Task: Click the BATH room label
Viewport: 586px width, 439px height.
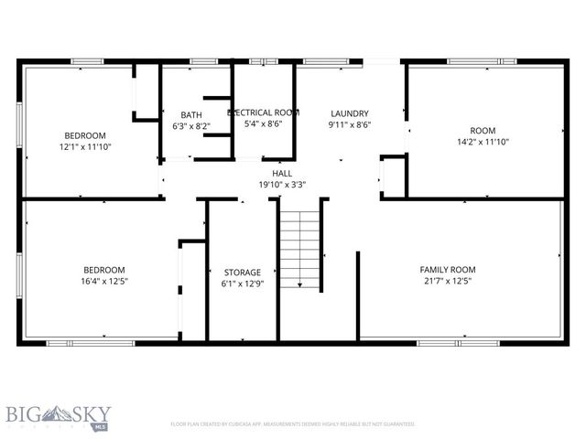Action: [x=190, y=114]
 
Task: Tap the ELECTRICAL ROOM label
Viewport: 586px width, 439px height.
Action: [x=264, y=112]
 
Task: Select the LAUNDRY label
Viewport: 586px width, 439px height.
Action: [x=349, y=113]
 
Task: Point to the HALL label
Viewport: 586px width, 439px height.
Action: [x=282, y=173]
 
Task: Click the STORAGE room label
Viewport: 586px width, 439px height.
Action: [x=243, y=272]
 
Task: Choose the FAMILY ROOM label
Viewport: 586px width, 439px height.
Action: [x=448, y=269]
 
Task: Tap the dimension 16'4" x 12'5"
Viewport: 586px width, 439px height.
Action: [x=104, y=281]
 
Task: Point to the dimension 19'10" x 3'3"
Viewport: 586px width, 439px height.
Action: [x=282, y=184]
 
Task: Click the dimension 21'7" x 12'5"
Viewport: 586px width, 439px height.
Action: [x=448, y=281]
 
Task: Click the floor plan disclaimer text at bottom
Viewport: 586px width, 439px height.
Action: [x=293, y=424]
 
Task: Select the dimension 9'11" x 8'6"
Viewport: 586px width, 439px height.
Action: [x=349, y=125]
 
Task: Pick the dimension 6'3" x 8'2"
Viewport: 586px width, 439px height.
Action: [x=190, y=126]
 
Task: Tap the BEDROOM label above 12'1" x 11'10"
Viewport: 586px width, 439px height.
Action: [x=84, y=134]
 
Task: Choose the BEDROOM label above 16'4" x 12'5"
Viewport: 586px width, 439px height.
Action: [x=104, y=269]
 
